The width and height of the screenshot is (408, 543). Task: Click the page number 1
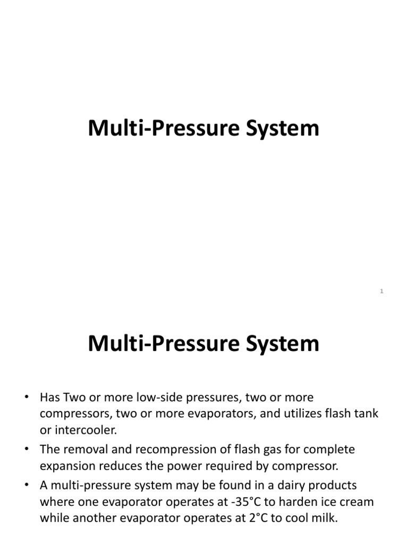point(382,291)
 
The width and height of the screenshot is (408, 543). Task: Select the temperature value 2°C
point(256,518)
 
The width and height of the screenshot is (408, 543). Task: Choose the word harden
point(299,502)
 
